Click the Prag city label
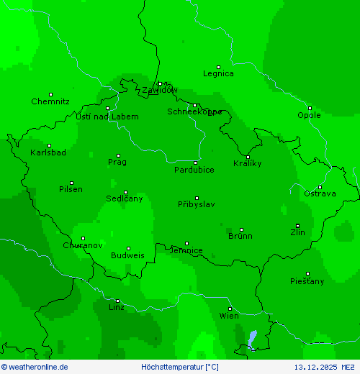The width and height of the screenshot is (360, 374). (x=117, y=163)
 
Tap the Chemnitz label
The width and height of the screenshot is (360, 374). (x=50, y=101)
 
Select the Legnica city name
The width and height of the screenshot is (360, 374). (x=218, y=73)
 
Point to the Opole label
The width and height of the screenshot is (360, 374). (x=309, y=115)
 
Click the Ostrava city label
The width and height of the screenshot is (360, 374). (x=320, y=194)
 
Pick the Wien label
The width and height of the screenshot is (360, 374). (x=229, y=316)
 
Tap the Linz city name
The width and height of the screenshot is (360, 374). (x=116, y=307)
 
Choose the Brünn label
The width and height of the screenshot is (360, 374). (x=240, y=236)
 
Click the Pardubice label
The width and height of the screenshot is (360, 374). (x=194, y=170)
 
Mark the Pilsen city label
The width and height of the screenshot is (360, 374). (x=71, y=189)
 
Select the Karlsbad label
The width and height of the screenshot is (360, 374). (x=48, y=152)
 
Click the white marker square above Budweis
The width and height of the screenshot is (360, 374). (x=128, y=248)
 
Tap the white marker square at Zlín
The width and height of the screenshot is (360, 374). (x=297, y=226)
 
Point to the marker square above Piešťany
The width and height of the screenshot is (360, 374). (x=307, y=273)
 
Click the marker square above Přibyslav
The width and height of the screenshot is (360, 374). (x=197, y=198)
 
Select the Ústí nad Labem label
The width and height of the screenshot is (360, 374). (x=107, y=117)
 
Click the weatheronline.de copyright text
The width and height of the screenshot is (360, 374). (x=35, y=367)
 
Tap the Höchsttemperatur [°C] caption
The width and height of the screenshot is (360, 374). (x=180, y=367)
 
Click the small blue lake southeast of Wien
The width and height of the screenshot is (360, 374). (x=252, y=337)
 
